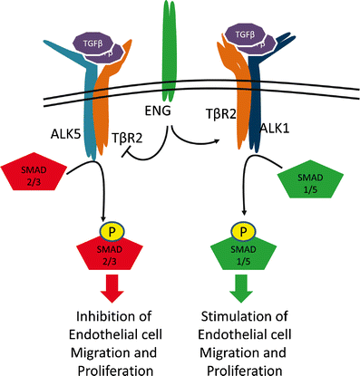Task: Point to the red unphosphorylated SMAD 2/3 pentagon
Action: click(34, 178)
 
